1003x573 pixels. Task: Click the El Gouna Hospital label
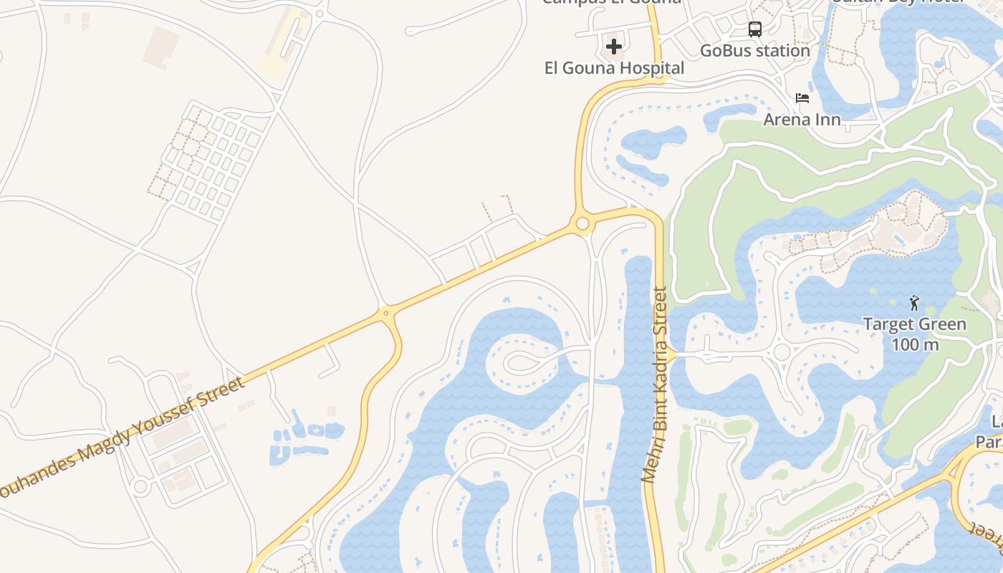[615, 69]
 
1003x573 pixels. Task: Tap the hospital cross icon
[614, 47]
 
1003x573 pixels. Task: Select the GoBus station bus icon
[755, 29]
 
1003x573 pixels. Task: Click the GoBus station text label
[755, 51]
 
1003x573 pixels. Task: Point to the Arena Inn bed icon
[802, 97]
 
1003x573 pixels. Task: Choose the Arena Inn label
[802, 119]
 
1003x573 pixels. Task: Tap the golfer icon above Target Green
[914, 302]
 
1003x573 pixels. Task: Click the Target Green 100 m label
[914, 334]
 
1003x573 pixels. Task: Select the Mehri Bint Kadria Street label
[655, 385]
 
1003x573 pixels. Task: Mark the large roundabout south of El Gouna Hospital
[582, 224]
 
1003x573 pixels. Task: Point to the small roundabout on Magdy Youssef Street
[386, 313]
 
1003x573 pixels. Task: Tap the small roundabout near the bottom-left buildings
[140, 486]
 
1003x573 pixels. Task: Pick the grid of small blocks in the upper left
[208, 161]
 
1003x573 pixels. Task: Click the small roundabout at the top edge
[320, 12]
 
